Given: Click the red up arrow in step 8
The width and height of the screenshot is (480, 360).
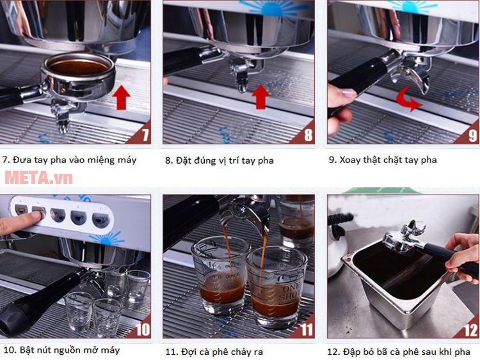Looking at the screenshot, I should (x=260, y=98).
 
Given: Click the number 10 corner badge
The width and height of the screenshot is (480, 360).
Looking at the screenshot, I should (x=141, y=329).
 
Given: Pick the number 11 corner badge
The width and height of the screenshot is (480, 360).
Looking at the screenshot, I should (x=305, y=329).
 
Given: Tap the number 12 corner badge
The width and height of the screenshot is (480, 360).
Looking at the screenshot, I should (x=469, y=329).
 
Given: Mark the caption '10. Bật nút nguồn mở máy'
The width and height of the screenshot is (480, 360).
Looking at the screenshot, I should (x=61, y=350).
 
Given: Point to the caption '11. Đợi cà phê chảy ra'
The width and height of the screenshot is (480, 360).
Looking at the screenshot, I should (x=214, y=352).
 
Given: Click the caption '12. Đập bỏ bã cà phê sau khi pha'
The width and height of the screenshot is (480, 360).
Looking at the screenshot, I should (x=399, y=352).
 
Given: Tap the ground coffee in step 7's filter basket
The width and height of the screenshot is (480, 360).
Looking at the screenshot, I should (x=79, y=65).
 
